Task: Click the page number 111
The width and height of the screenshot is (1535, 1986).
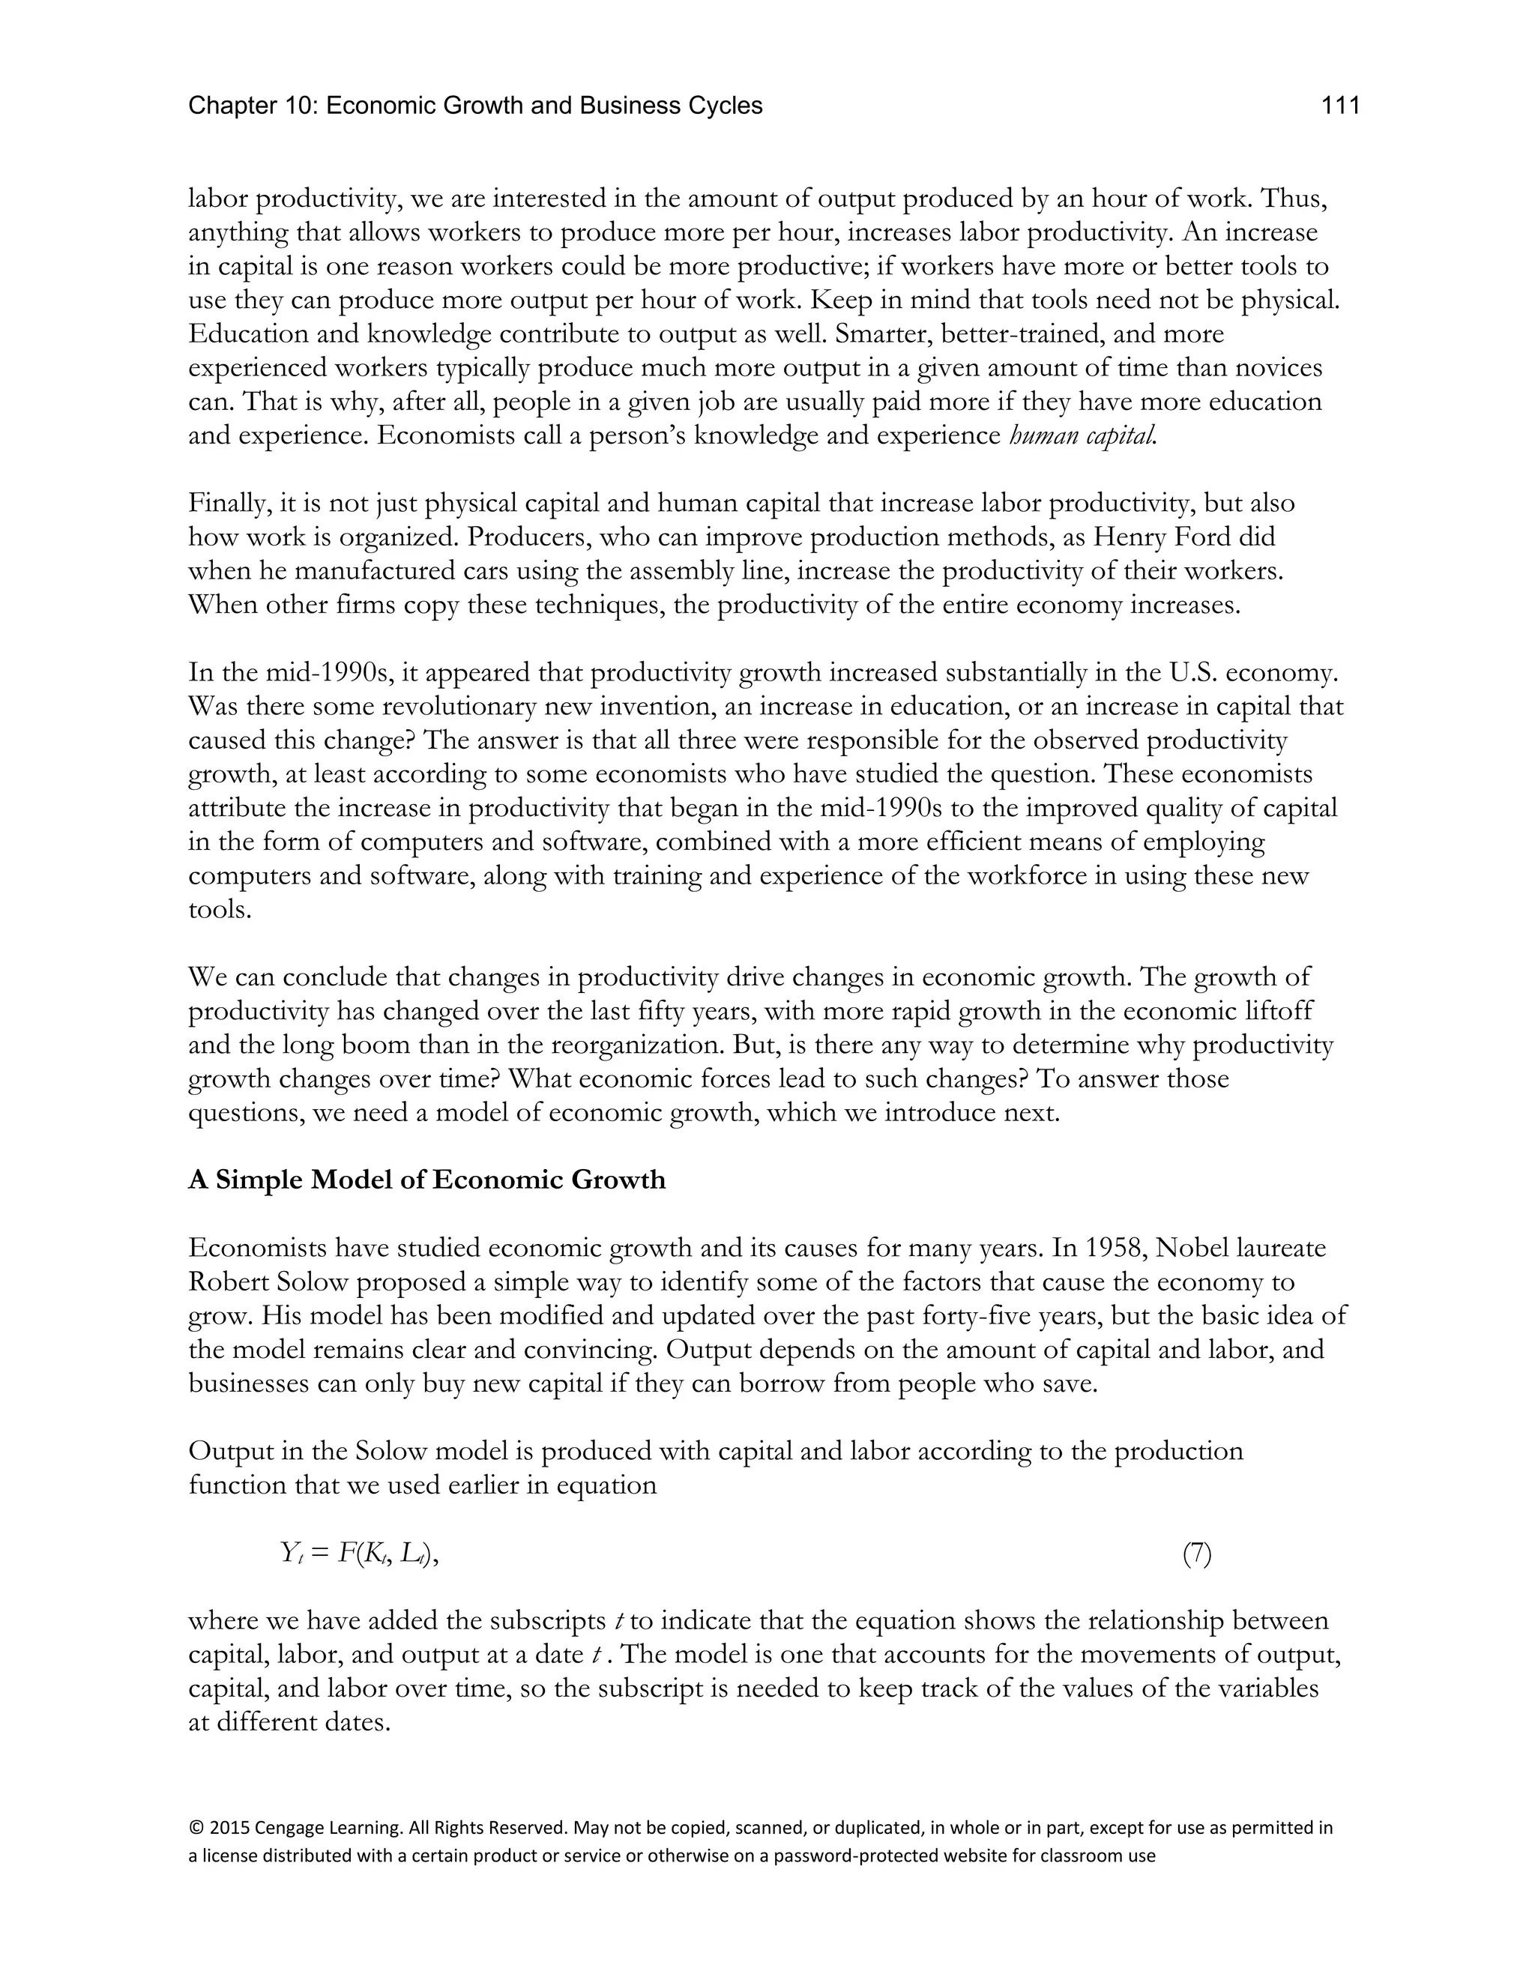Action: [1339, 106]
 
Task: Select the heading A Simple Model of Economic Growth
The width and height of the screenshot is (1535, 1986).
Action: [426, 1180]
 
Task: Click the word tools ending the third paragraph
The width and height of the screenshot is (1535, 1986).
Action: [218, 909]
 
